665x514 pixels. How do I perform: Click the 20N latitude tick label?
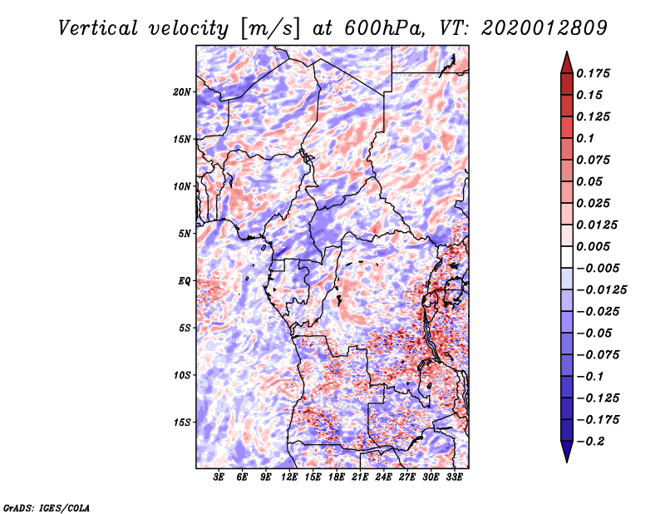tap(182, 91)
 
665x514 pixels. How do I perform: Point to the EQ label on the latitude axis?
tap(185, 281)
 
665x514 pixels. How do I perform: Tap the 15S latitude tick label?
tap(182, 423)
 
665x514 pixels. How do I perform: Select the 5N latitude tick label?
tap(185, 234)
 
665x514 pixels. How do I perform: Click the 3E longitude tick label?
tap(219, 477)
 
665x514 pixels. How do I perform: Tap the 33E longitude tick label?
tap(456, 477)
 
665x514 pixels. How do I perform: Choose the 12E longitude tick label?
tap(290, 477)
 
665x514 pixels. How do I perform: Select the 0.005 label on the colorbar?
tap(595, 246)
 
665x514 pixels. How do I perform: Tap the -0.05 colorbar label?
tap(595, 333)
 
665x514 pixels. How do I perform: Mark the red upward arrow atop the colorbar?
tap(566, 62)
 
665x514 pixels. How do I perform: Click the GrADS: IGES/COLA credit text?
tap(46, 506)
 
